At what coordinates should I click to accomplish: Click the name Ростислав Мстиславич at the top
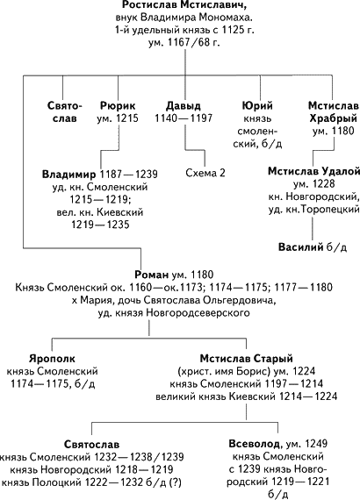point(185,5)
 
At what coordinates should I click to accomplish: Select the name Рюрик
point(118,106)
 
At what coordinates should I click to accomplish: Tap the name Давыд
point(184,106)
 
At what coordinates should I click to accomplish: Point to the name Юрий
point(257,105)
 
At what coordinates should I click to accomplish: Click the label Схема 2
point(205,173)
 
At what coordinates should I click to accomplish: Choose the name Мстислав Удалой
point(313,171)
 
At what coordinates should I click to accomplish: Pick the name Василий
point(301,247)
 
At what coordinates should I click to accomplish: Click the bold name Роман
point(151,275)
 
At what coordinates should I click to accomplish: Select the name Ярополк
point(52,359)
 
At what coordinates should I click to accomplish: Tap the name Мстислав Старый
point(247,359)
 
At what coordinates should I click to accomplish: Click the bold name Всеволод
point(256,444)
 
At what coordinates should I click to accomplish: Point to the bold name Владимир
point(69,174)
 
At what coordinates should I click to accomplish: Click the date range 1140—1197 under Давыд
point(184,118)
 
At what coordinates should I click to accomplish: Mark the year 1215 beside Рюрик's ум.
point(127,118)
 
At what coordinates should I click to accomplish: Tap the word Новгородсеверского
point(198,313)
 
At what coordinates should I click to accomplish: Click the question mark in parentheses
point(176,482)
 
